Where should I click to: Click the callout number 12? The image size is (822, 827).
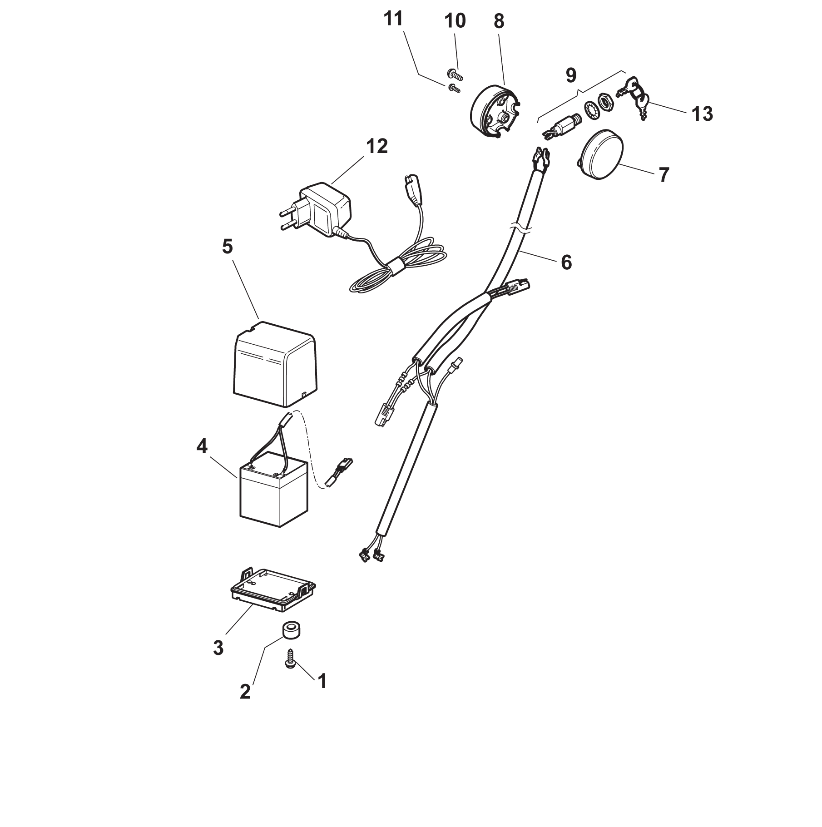376,147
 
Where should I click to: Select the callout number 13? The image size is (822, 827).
702,114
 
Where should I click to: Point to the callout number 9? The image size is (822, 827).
571,75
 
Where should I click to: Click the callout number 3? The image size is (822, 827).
218,648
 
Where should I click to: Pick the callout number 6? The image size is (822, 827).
566,262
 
